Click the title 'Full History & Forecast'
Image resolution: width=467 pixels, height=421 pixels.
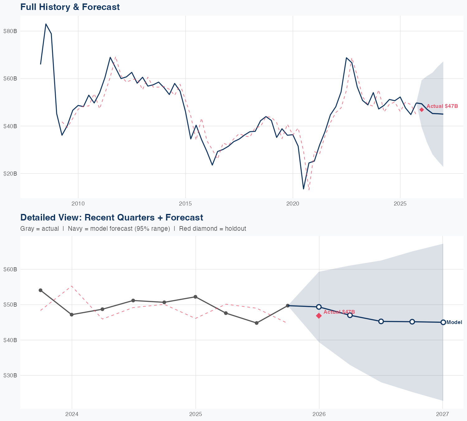click(x=70, y=7)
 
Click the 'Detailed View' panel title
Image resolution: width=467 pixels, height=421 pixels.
click(x=111, y=217)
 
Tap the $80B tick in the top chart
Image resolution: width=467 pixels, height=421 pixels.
click(x=10, y=31)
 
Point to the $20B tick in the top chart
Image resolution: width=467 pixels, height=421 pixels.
click(x=10, y=173)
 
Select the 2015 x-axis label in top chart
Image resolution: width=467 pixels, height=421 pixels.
click(x=185, y=204)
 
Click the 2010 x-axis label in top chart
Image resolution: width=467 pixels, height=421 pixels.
click(x=78, y=204)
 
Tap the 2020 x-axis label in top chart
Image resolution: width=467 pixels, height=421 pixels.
click(x=293, y=204)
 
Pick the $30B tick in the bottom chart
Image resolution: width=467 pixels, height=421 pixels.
click(x=10, y=375)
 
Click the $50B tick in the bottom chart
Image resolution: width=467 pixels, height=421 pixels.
click(x=10, y=304)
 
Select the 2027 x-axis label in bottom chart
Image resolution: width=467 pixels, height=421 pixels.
click(x=442, y=414)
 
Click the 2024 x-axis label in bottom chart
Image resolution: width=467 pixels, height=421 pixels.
click(x=72, y=414)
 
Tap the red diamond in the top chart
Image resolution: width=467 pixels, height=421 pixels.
click(x=422, y=109)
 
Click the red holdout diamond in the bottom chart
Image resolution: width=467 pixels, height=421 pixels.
click(x=319, y=316)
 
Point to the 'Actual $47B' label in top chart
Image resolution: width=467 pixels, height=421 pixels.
click(x=442, y=106)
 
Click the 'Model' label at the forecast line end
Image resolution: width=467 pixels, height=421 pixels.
click(x=454, y=322)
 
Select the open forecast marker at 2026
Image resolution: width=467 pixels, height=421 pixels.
click(x=319, y=307)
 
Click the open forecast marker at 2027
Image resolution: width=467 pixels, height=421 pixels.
click(x=443, y=322)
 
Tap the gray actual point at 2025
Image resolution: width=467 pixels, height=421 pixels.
click(x=195, y=297)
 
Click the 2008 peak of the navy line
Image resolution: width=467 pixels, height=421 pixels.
click(x=46, y=24)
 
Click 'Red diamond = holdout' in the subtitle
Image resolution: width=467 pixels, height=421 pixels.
click(x=212, y=229)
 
